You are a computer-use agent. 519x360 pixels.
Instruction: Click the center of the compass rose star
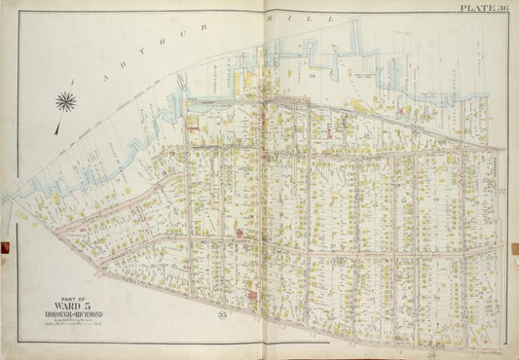67,100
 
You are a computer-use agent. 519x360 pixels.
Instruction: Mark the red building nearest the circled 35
253,294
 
